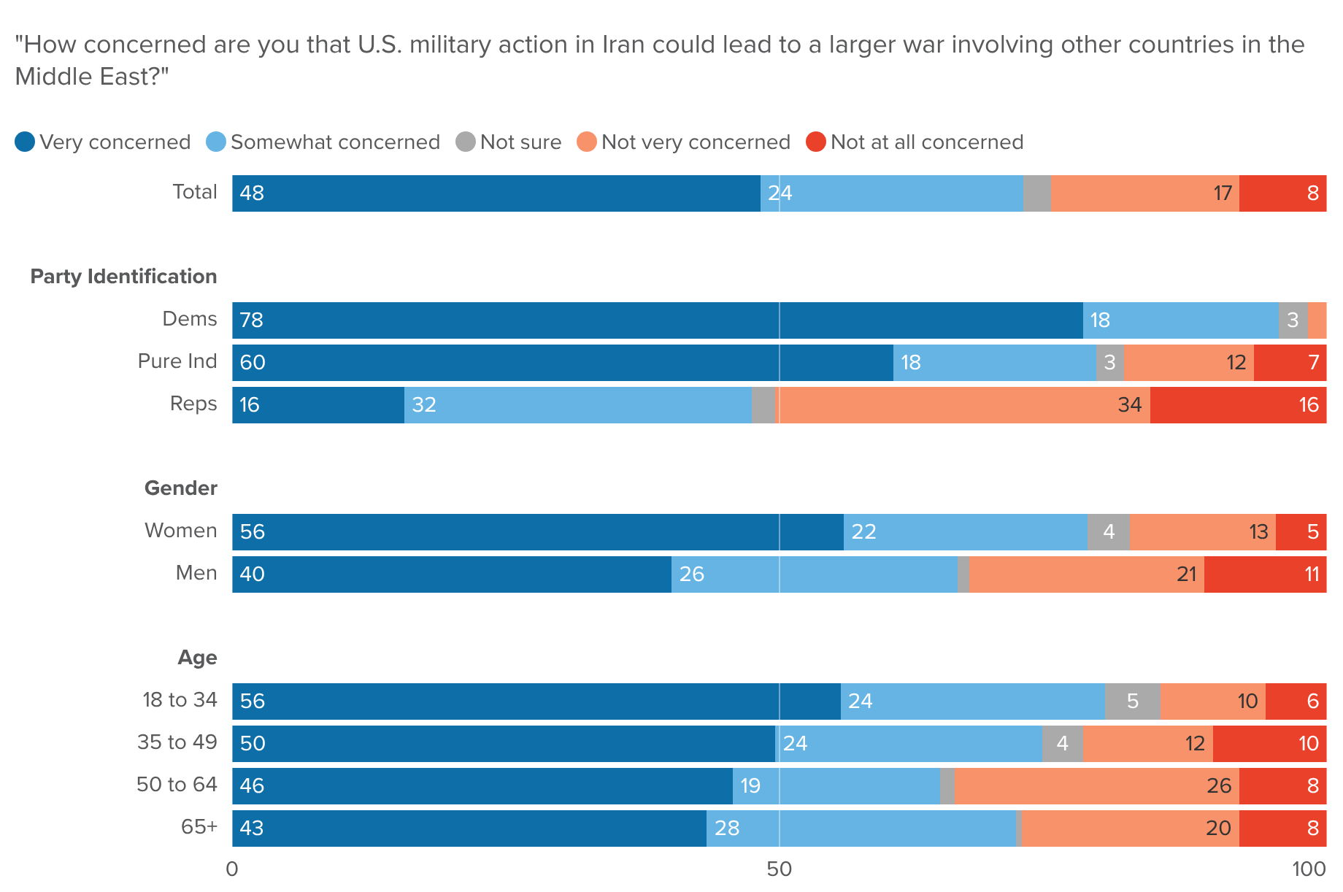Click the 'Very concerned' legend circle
(25, 142)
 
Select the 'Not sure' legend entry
(509, 142)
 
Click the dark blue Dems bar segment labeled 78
(657, 320)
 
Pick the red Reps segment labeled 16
(1238, 405)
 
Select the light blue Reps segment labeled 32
(578, 405)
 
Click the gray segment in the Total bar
(1036, 193)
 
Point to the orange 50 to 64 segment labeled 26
(1096, 786)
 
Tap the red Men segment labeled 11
(1265, 574)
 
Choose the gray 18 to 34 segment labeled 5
(1132, 701)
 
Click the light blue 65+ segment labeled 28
(861, 828)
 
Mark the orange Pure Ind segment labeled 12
(1188, 363)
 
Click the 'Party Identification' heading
(123, 277)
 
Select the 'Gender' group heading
(180, 488)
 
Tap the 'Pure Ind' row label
(177, 361)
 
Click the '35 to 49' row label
(177, 742)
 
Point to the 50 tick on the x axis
(780, 869)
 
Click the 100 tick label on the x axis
(1309, 869)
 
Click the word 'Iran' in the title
(624, 45)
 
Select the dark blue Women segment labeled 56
(538, 532)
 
